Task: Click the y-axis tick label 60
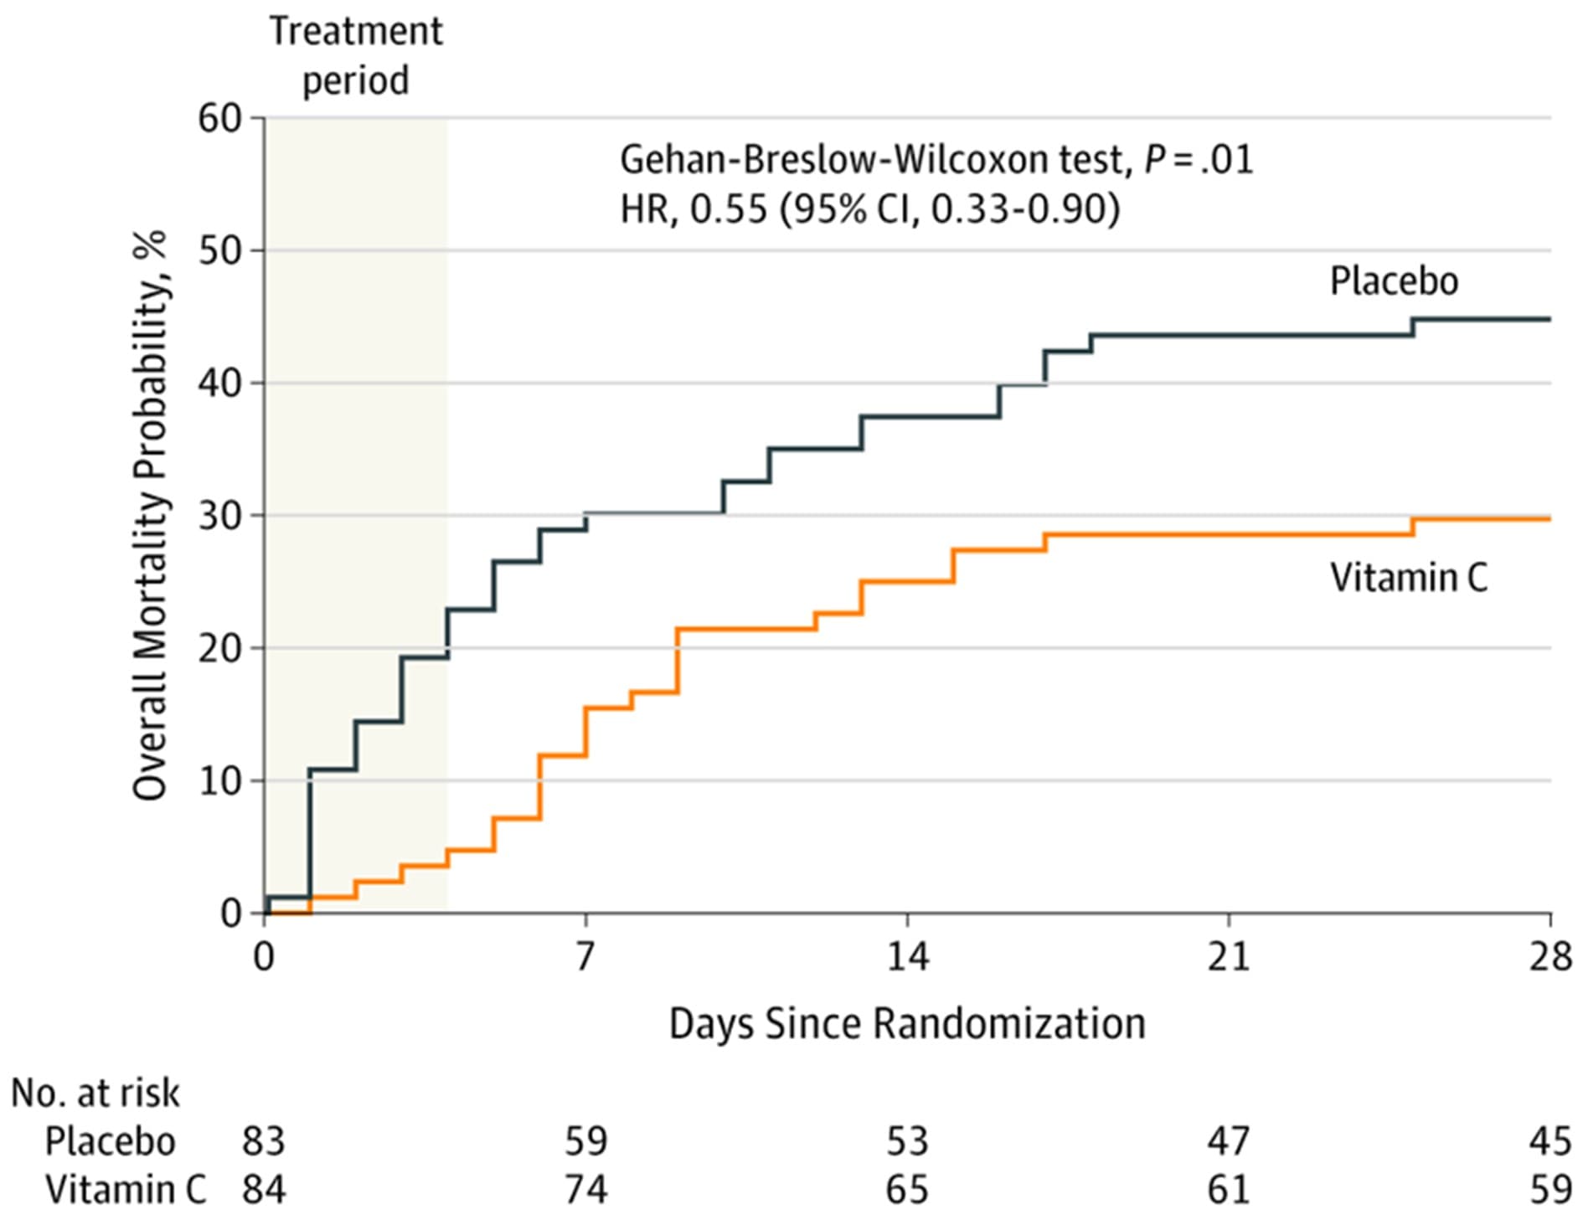219,118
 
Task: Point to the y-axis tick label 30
219,516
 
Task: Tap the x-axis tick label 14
908,956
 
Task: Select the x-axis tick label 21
1229,956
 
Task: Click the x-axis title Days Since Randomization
907,1024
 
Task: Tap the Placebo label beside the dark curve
1395,281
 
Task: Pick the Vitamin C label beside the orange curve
1410,578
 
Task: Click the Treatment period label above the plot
356,56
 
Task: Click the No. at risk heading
95,1093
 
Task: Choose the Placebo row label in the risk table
110,1141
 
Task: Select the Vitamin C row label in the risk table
126,1190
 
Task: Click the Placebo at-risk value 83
264,1141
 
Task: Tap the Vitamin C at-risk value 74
585,1190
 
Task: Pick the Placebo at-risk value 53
907,1141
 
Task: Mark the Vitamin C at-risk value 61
1229,1190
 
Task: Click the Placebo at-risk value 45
1550,1141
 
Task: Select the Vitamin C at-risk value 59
1550,1190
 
